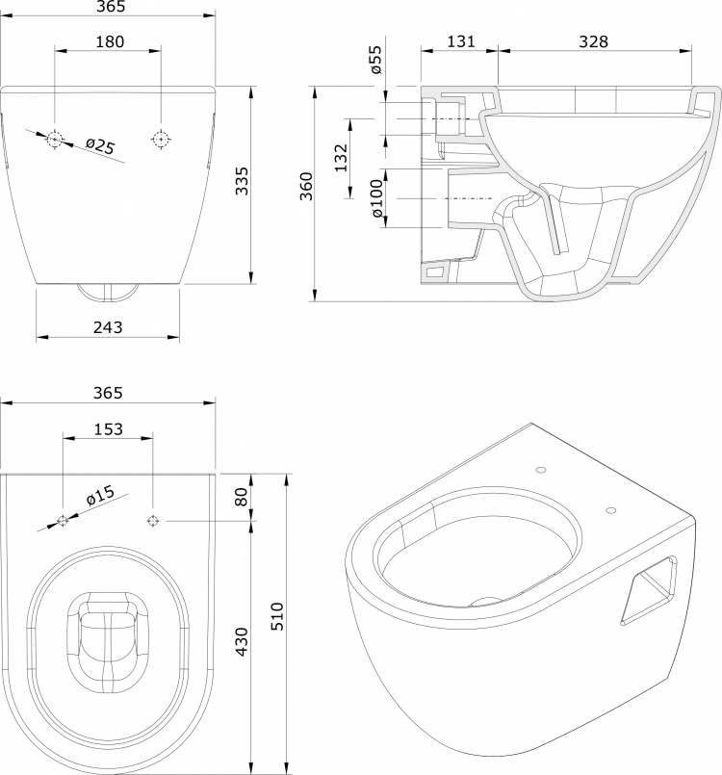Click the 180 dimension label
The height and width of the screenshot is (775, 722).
pyautogui.click(x=110, y=41)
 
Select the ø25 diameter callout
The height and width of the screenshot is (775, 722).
pyautogui.click(x=100, y=145)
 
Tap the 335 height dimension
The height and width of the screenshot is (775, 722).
pyautogui.click(x=242, y=181)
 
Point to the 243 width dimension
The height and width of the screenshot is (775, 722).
pyautogui.click(x=108, y=327)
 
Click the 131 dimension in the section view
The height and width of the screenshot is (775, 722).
pyautogui.click(x=460, y=41)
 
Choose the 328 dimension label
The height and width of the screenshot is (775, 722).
pyautogui.click(x=593, y=41)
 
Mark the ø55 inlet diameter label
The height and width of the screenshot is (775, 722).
pyautogui.click(x=376, y=60)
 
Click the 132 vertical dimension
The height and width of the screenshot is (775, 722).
pyautogui.click(x=342, y=158)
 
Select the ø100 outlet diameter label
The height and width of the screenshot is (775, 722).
pyautogui.click(x=376, y=198)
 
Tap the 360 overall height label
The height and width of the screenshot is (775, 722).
pyautogui.click(x=307, y=187)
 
